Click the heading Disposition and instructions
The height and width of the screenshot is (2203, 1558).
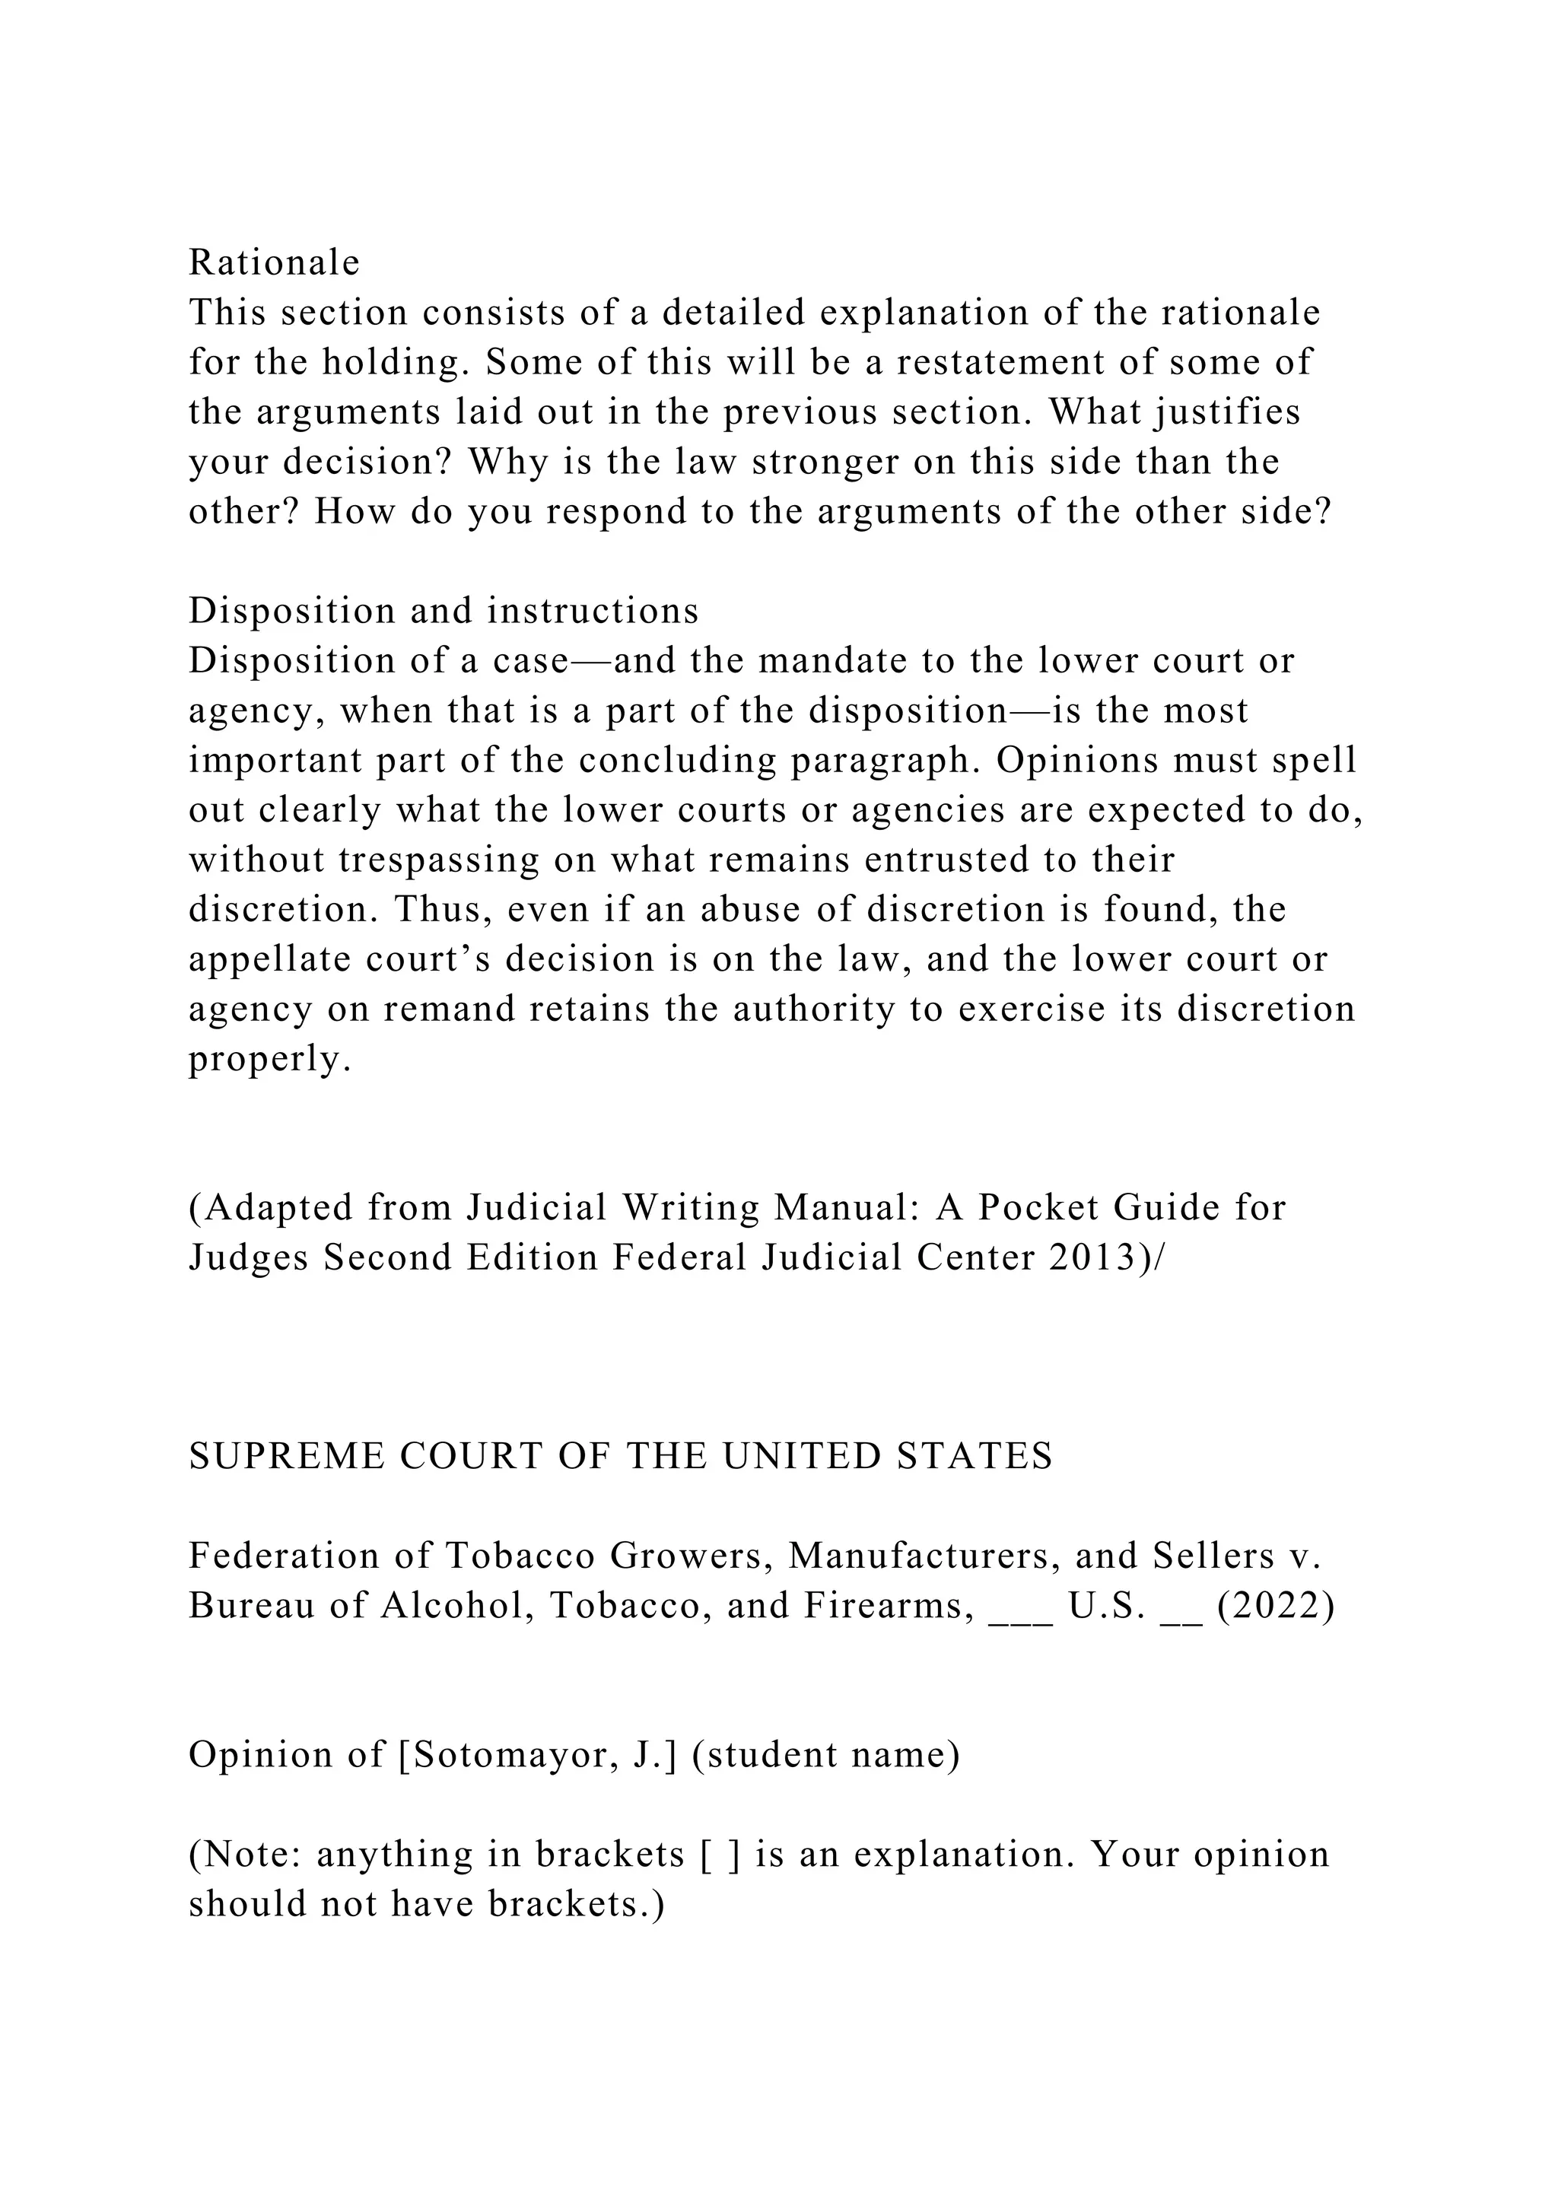click(x=444, y=610)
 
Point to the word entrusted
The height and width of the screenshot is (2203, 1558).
click(x=952, y=859)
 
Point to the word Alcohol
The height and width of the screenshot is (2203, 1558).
click(x=456, y=1605)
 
